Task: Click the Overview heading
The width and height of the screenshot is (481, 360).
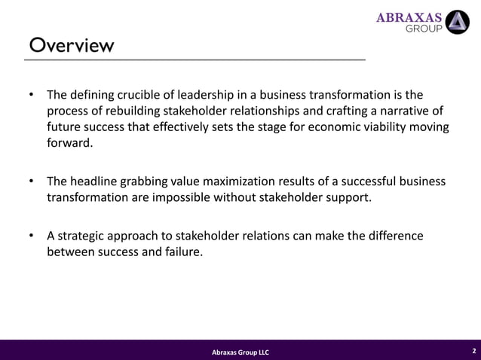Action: point(72,46)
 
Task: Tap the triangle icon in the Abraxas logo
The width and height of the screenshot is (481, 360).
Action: point(457,22)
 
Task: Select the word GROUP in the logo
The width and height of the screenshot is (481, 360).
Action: point(424,29)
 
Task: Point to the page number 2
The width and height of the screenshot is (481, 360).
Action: point(473,351)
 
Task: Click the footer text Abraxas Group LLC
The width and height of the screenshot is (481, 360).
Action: point(240,352)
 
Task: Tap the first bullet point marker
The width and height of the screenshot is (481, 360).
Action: point(31,96)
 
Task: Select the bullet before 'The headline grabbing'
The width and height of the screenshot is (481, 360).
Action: point(31,182)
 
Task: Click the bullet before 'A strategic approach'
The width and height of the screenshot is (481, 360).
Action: point(31,236)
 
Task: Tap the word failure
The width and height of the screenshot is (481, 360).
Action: point(182,252)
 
